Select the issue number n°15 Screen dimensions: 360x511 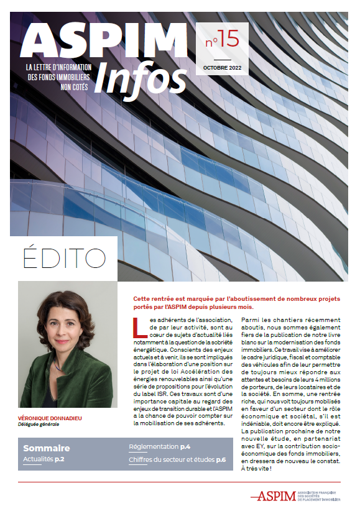tap(222, 41)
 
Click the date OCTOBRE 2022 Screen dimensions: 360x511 tap(223, 67)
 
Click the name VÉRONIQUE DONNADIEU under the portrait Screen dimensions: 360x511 tap(50, 418)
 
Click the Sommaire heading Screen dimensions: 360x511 tap(47, 448)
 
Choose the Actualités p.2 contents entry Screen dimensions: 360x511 tap(44, 459)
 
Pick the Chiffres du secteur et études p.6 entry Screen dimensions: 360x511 tap(177, 459)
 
